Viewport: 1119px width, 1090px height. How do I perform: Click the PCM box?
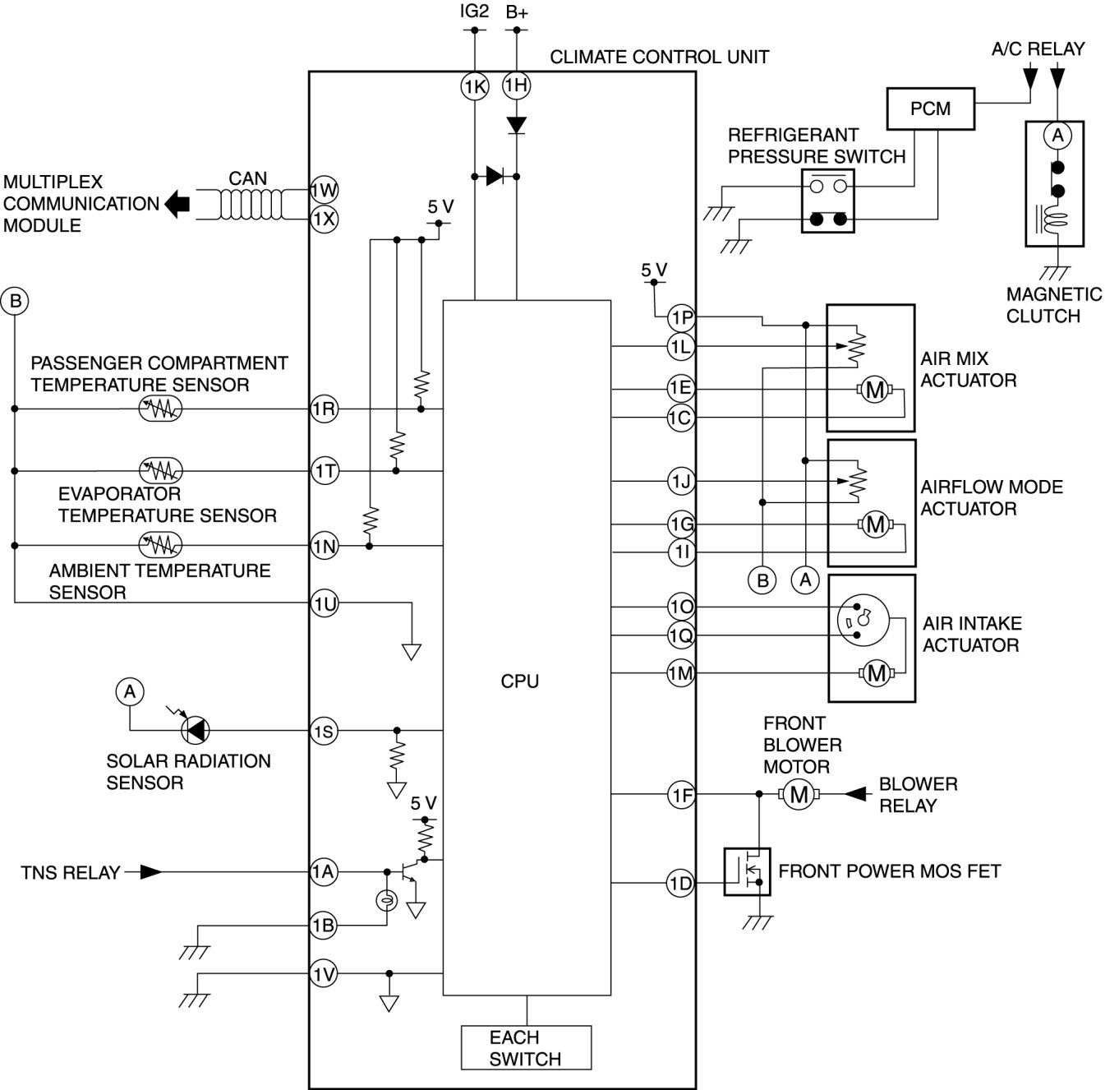(930, 109)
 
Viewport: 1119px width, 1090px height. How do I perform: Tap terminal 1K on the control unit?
(474, 86)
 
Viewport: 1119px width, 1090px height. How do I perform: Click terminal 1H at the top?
(517, 85)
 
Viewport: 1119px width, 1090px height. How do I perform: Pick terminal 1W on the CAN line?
(325, 191)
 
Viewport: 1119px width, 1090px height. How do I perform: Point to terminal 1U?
(325, 604)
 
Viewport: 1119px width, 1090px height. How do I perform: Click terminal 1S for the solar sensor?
(325, 731)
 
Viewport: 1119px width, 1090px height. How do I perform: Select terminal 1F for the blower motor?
(681, 794)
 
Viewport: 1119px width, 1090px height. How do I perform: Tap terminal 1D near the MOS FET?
(680, 884)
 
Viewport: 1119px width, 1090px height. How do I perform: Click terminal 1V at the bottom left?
(325, 974)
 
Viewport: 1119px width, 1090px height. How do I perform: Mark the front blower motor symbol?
(795, 794)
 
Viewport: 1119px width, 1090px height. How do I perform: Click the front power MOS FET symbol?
(747, 871)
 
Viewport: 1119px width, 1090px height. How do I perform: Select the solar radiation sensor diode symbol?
(196, 729)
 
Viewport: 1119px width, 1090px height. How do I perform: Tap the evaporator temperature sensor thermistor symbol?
(161, 470)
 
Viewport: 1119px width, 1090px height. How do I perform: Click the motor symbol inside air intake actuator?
(876, 673)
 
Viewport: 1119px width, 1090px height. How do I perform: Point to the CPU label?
(520, 681)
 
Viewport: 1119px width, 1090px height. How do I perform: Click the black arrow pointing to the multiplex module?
(177, 204)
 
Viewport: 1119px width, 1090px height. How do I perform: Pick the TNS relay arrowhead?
(150, 872)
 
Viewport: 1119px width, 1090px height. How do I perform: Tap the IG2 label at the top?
(474, 12)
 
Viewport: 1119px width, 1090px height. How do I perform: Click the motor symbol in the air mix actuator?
(874, 390)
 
